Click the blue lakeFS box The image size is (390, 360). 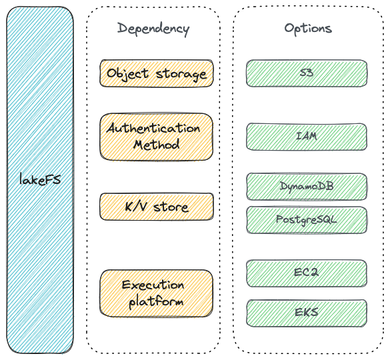pos(40,180)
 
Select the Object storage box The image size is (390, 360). pos(157,73)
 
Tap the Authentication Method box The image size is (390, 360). pos(157,137)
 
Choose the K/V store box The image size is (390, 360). pos(157,207)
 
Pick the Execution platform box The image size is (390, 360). pos(157,293)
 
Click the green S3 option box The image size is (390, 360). pos(307,73)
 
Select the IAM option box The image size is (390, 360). pos(307,137)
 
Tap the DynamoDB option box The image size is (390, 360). pos(307,187)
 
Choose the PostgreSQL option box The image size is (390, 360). pos(307,220)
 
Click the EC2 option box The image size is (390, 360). pos(307,273)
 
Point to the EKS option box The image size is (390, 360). pos(307,313)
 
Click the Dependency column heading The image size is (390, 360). pos(153,29)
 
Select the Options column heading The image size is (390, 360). pos(308,29)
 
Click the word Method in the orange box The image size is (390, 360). pos(157,145)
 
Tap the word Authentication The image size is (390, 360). pos(153,129)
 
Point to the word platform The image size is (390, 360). pos(156,302)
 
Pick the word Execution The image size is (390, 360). pos(153,285)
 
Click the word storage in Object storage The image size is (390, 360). pos(181,75)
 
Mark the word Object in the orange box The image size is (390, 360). pos(127,74)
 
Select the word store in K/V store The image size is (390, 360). pos(171,207)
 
